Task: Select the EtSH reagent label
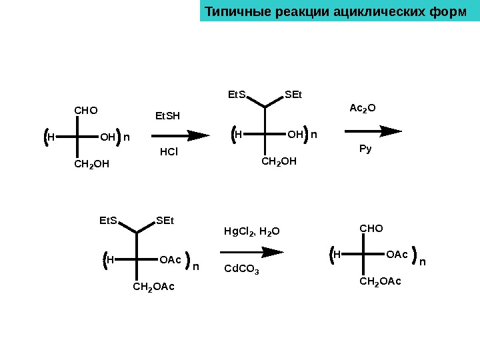(x=167, y=117)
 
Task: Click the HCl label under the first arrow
(x=169, y=152)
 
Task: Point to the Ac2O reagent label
(x=363, y=107)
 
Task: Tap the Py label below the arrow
(x=365, y=149)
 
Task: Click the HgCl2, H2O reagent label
(x=251, y=232)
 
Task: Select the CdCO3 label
(x=241, y=269)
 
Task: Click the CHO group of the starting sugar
(x=85, y=109)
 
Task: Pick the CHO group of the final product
(x=371, y=229)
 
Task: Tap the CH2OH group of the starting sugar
(x=91, y=163)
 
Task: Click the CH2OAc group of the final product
(x=380, y=282)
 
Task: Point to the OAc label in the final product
(x=397, y=255)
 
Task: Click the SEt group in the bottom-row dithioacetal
(x=165, y=221)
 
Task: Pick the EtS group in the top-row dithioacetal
(x=237, y=95)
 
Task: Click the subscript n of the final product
(x=422, y=261)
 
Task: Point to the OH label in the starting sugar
(x=107, y=138)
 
